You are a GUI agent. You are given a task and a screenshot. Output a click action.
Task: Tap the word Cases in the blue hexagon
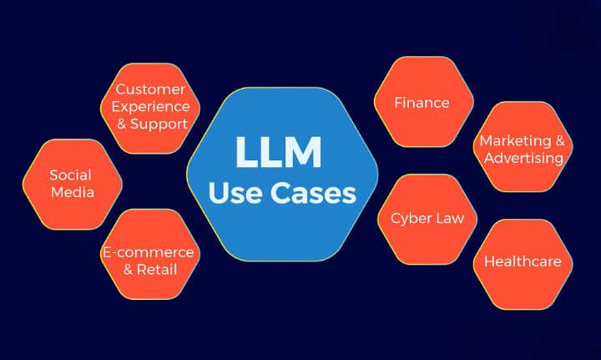click(318, 195)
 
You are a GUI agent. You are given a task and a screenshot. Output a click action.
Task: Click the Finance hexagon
click(422, 103)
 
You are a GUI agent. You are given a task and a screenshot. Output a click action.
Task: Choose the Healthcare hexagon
click(523, 261)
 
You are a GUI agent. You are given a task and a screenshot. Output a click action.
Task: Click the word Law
click(459, 218)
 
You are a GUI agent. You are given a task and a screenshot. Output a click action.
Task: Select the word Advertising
click(523, 158)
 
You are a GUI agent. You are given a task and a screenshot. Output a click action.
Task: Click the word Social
click(70, 175)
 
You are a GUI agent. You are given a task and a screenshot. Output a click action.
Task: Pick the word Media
click(70, 192)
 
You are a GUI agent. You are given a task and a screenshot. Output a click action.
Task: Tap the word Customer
click(150, 89)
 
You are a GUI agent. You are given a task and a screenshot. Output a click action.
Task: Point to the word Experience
click(150, 106)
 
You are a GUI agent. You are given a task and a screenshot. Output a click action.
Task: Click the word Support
click(160, 124)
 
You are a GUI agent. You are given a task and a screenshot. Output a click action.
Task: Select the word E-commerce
click(148, 251)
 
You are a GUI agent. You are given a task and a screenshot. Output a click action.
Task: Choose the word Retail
click(158, 269)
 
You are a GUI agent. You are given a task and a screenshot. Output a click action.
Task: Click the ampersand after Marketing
click(559, 140)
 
